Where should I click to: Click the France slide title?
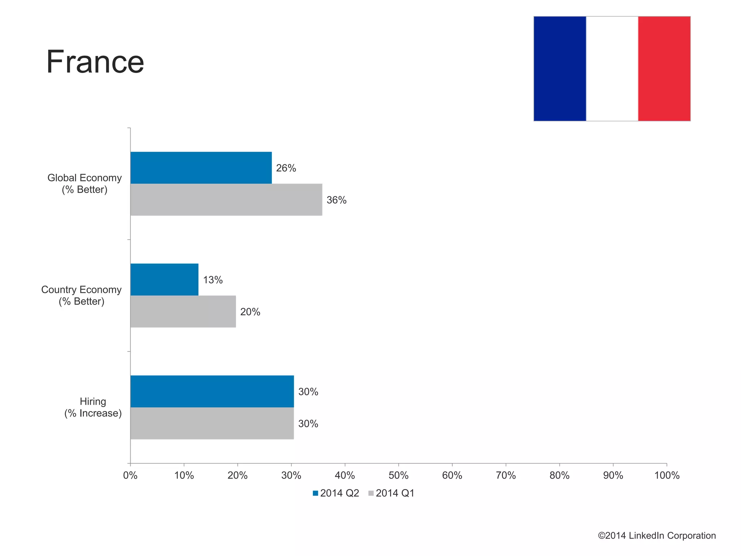click(95, 62)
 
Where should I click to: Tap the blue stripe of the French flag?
click(559, 69)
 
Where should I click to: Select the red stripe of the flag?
click(664, 69)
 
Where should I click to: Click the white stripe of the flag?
click(612, 69)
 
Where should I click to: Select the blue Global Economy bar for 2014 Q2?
click(201, 168)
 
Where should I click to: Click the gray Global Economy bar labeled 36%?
click(226, 200)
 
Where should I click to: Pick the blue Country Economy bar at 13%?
click(164, 280)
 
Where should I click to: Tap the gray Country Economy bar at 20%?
click(183, 311)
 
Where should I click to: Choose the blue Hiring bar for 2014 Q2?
click(212, 391)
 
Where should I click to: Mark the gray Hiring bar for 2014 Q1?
click(212, 423)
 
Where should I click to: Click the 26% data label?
click(286, 168)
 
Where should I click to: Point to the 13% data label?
click(213, 280)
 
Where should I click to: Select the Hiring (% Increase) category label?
click(93, 407)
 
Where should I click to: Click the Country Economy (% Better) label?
click(81, 296)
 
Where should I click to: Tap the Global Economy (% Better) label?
click(85, 184)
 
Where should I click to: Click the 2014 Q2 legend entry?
click(336, 493)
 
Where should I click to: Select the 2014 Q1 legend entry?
click(391, 493)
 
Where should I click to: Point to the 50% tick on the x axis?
click(398, 475)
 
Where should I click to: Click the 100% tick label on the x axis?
click(667, 475)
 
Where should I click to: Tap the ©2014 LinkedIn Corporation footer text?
click(657, 536)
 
